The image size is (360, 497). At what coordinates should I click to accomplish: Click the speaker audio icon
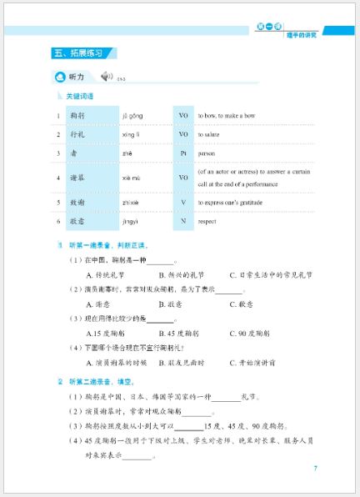click(x=105, y=77)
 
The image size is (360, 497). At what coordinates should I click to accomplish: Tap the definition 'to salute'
click(x=212, y=134)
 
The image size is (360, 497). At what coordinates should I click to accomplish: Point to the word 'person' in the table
click(x=207, y=153)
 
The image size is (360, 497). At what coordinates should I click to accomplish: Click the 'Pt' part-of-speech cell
click(x=182, y=153)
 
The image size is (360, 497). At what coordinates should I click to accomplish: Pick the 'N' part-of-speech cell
click(x=182, y=222)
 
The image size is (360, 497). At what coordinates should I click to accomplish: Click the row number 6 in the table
click(x=58, y=222)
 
